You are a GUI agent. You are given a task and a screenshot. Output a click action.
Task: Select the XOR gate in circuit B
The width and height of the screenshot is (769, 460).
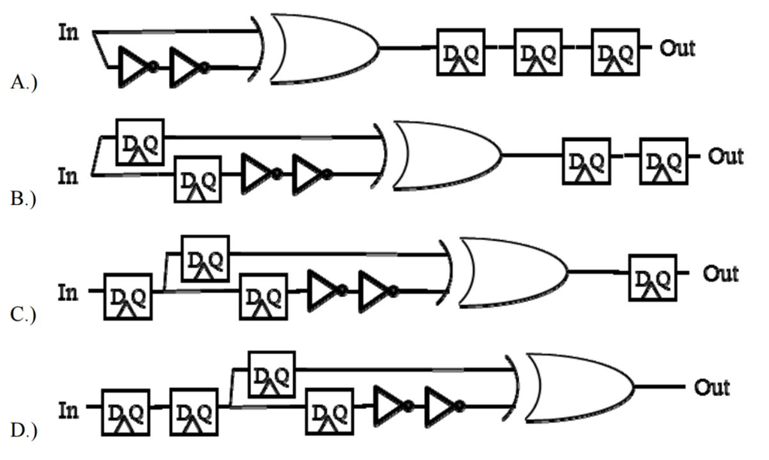point(447,156)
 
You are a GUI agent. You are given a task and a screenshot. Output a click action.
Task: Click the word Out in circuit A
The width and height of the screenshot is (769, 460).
point(677,49)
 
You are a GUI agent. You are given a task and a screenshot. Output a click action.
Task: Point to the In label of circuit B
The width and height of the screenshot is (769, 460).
point(68,177)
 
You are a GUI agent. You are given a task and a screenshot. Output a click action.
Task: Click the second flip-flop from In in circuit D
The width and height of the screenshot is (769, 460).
point(194,412)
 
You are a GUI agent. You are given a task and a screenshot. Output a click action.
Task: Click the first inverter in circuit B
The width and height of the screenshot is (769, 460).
point(260,174)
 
